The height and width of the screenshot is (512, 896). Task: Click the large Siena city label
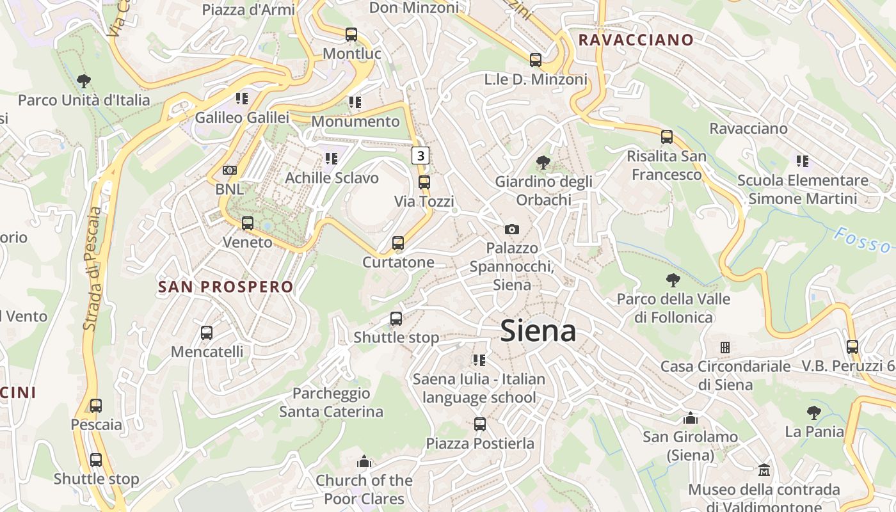tap(538, 331)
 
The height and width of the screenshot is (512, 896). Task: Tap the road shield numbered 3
tap(420, 156)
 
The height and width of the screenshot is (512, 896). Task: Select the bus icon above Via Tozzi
tap(424, 182)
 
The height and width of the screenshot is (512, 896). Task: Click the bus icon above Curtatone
tap(398, 243)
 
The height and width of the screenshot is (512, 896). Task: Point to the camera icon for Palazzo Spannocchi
tap(512, 229)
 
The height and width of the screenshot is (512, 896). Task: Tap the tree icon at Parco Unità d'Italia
tap(83, 81)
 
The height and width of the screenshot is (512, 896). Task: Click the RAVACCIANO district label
tap(636, 40)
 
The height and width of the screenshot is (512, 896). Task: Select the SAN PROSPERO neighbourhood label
tap(225, 287)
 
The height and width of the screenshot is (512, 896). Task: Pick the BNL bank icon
tap(230, 170)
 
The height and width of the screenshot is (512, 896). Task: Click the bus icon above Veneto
tap(248, 223)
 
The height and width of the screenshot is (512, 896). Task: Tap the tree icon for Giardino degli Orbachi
tap(543, 163)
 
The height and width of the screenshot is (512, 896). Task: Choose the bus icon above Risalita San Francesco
tap(667, 137)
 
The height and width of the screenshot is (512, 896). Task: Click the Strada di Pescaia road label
tap(93, 269)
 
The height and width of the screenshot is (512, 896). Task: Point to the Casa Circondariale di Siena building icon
tap(725, 348)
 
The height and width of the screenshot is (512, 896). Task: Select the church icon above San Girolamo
tap(690, 418)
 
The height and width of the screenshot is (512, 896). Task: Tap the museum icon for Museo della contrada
tap(764, 470)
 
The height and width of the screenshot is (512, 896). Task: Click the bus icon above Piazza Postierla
tap(480, 424)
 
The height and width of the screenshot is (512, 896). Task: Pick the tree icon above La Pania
tap(814, 413)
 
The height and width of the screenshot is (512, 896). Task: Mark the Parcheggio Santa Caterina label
tap(331, 402)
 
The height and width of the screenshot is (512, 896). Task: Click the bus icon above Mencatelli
tap(207, 333)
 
